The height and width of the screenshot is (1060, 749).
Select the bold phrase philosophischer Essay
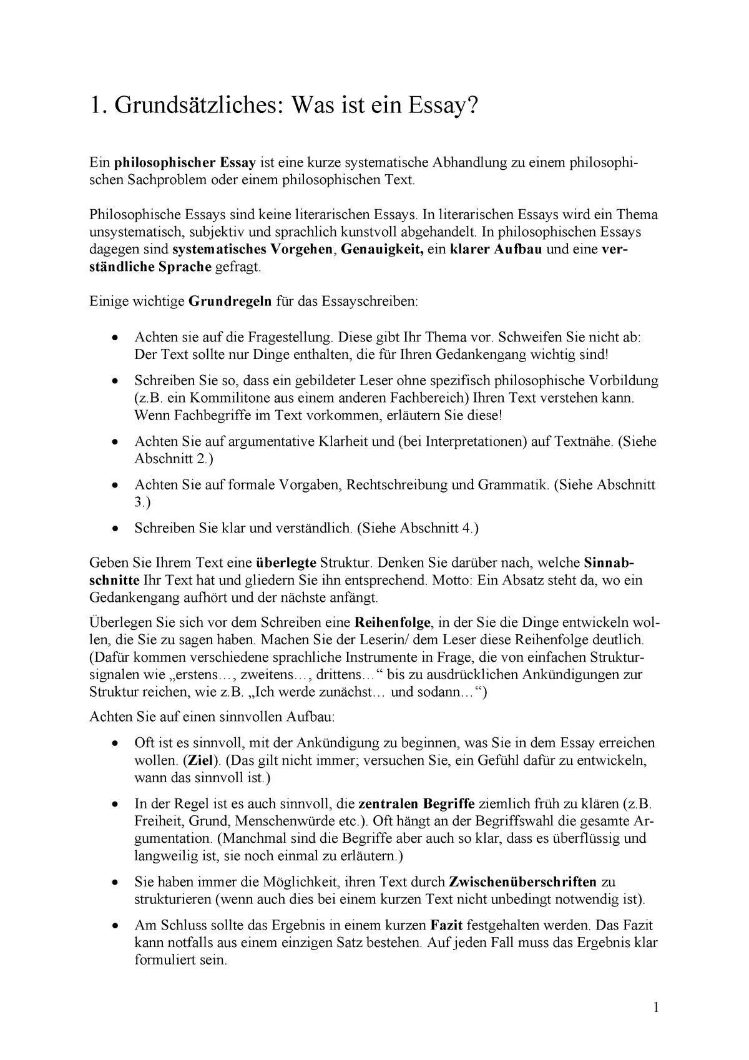click(x=185, y=163)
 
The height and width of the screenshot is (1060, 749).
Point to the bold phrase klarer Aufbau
click(x=497, y=250)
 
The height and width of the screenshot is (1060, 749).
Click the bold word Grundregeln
click(x=230, y=302)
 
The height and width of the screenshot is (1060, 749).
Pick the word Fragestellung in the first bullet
click(x=290, y=337)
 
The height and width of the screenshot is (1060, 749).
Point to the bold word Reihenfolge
click(x=393, y=623)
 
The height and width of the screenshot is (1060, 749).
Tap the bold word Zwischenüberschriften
click(x=522, y=882)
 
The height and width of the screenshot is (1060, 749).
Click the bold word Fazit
click(x=447, y=925)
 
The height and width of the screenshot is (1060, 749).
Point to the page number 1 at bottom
click(x=656, y=1007)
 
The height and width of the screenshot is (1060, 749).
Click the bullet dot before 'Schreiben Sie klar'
click(x=114, y=528)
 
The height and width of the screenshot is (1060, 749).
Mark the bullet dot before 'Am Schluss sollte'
click(x=114, y=926)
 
